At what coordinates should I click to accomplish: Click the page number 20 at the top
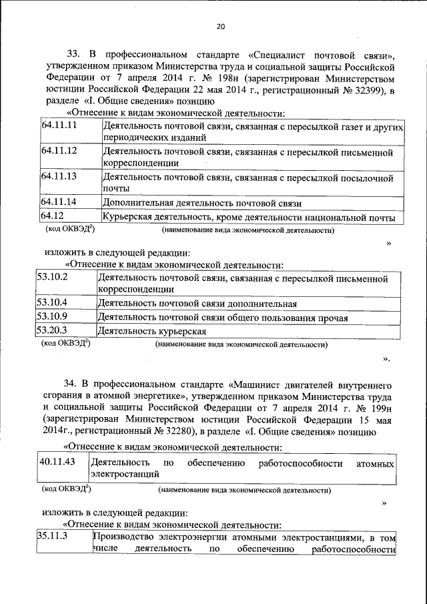[221, 27]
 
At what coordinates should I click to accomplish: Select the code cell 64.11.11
[59, 126]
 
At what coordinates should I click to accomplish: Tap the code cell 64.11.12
[59, 151]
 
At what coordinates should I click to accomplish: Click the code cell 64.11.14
[59, 202]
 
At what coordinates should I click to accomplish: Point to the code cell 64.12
[53, 216]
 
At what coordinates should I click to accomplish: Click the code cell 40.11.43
[57, 462]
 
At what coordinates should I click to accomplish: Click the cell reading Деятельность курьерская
[151, 330]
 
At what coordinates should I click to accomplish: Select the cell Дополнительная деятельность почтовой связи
[202, 202]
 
